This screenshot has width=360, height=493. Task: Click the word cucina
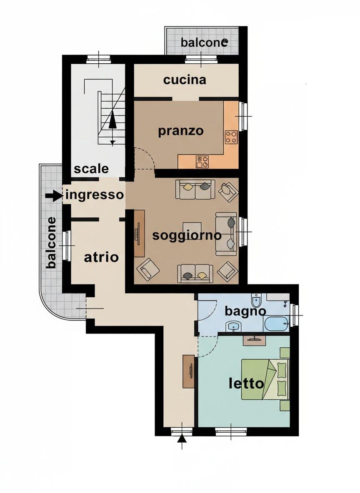coord(185,80)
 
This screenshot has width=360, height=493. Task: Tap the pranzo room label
coord(181,131)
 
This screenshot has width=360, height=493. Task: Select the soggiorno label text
coord(187,235)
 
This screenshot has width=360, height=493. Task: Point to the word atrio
coord(101,257)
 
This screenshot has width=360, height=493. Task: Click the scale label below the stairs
coord(91,169)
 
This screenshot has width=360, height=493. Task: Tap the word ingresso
coord(95,195)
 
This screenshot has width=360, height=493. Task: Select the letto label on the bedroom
coord(246,383)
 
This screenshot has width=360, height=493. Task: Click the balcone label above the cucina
coord(204,42)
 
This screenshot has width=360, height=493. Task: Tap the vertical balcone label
coord(51,242)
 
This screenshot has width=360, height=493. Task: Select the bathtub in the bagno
coord(276,324)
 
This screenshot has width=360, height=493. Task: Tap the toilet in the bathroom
coord(257,301)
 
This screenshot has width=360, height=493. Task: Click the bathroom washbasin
coord(233,326)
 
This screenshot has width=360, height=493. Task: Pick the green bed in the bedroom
coord(265,379)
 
